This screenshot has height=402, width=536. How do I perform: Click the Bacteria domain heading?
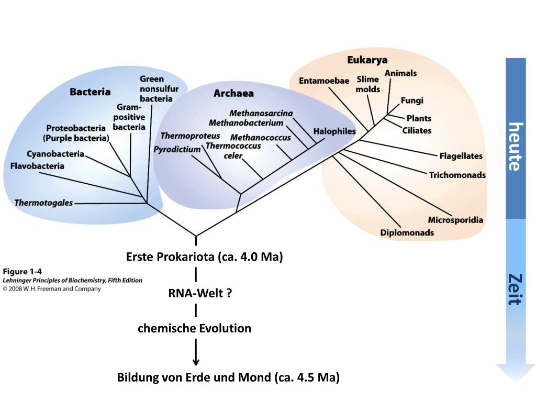coord(90,92)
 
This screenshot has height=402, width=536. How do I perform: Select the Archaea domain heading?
coord(233,94)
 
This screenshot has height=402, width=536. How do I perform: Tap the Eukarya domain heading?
coord(367,60)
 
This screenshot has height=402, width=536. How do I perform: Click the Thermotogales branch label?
coord(43,203)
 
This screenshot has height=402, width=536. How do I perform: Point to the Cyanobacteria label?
coord(55,154)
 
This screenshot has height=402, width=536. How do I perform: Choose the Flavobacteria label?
coord(37,166)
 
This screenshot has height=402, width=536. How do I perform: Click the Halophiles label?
coord(334,131)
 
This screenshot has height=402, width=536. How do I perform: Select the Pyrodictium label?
coord(177,150)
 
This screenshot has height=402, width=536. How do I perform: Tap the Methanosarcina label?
coord(261,114)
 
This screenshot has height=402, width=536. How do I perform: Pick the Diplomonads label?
coord(407,232)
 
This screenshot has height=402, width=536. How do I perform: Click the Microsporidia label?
coord(455,220)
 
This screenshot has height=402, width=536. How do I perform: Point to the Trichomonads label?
coord(457,175)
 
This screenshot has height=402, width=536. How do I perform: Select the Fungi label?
coord(412,100)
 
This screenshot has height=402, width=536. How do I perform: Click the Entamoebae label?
coord(324,81)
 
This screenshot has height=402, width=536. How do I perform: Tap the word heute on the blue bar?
coord(516,147)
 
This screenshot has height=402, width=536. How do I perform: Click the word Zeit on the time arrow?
coord(516,289)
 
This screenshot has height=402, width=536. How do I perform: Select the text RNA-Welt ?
coord(200,293)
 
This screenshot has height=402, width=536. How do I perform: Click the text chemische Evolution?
coord(194,329)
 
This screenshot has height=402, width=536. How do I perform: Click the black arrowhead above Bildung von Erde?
coord(196,362)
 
